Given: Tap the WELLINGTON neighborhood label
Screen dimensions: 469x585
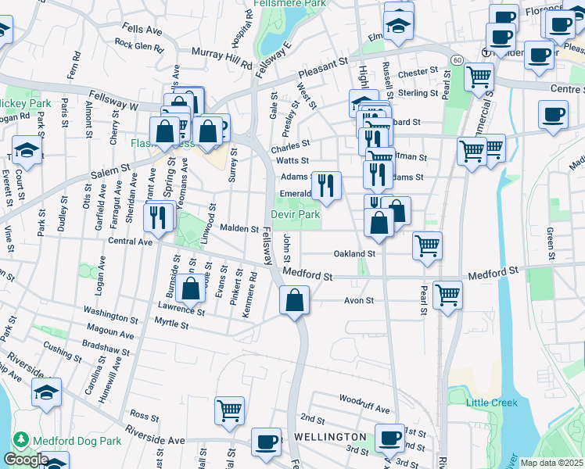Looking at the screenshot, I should pos(330,436).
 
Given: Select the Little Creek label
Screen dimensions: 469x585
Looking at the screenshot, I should pos(492,403).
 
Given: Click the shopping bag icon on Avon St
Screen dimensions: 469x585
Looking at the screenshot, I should pos(294,300).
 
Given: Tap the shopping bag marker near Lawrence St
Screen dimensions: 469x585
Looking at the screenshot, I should pos(191,288).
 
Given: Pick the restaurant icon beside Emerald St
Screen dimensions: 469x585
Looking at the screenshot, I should pos(326,186).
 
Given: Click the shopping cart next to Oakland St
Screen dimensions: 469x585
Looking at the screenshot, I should pos(427,245).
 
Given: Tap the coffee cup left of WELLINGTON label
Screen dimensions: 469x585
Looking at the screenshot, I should pos(266,442).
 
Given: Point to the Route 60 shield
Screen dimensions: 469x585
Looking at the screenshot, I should pos(454,59).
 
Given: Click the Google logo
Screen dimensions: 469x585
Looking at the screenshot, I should pos(26,460).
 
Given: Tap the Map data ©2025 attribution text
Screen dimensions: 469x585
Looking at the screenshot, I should pos(551,463).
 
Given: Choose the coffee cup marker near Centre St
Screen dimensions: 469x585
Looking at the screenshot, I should pos(553,114).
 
